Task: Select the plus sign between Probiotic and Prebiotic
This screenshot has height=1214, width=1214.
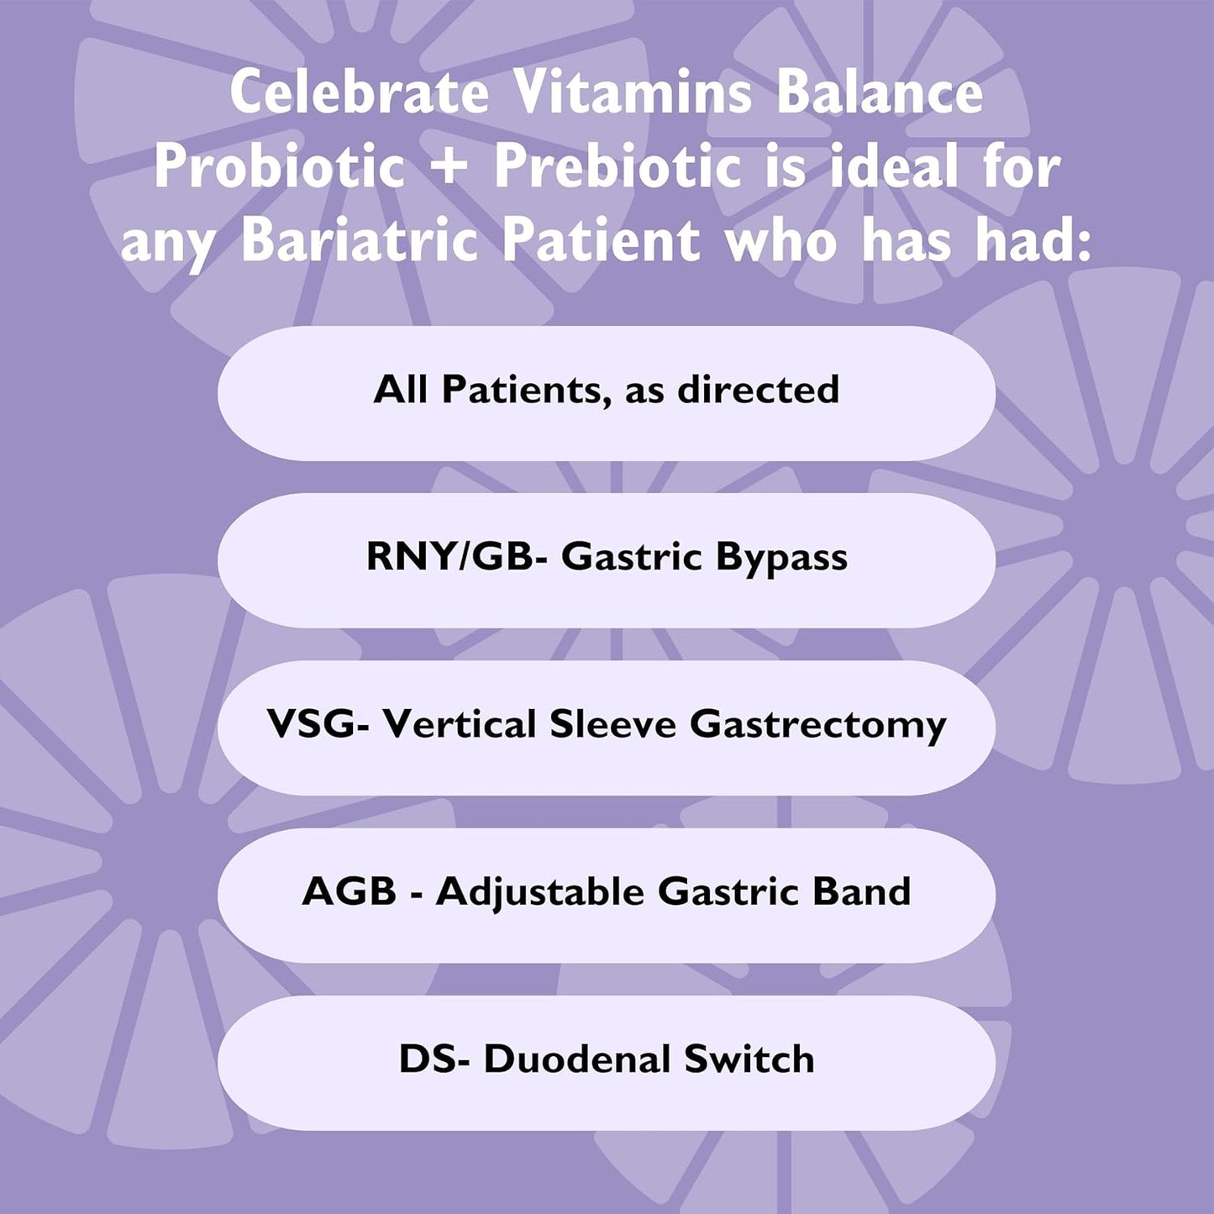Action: (451, 166)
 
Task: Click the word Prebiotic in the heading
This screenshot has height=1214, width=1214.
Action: (618, 166)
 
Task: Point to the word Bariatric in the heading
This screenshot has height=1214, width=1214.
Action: (359, 240)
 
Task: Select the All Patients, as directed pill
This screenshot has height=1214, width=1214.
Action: (606, 391)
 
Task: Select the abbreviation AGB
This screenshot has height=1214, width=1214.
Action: (349, 891)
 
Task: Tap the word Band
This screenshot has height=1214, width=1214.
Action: (862, 891)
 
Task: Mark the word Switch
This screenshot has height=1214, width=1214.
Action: (749, 1059)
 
